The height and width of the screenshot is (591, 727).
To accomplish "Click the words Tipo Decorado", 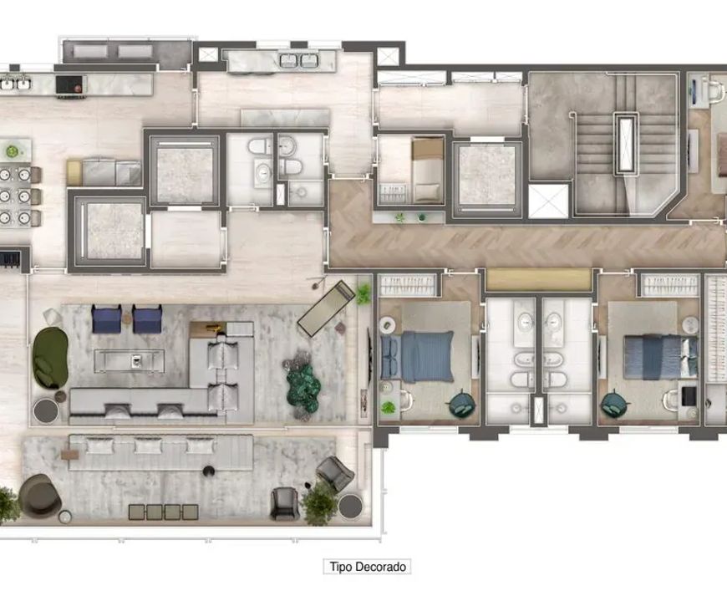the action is tap(368, 567).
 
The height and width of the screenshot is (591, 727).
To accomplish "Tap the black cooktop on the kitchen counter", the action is tap(70, 85).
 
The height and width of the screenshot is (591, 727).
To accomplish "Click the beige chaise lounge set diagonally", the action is tap(327, 308).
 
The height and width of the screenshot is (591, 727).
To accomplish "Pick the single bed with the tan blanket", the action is tap(428, 170).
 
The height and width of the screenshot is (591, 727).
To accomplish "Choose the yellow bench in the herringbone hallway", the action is tap(538, 280).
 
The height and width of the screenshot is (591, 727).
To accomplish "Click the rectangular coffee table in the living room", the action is tap(130, 361).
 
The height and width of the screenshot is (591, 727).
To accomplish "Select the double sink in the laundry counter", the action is tap(299, 60).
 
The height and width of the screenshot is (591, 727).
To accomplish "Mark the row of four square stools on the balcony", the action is tap(163, 512).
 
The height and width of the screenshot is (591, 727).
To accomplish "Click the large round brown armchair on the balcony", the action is tap(40, 496).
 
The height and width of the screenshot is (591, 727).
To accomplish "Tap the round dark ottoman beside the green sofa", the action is tap(46, 410).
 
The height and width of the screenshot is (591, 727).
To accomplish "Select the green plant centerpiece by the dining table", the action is tap(12, 151).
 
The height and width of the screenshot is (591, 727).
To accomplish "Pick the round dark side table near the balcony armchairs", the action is tap(350, 506).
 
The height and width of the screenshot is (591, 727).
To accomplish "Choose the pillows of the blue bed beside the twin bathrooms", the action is tap(391, 357).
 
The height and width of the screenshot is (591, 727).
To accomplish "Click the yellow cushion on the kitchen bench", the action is tap(74, 172).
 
